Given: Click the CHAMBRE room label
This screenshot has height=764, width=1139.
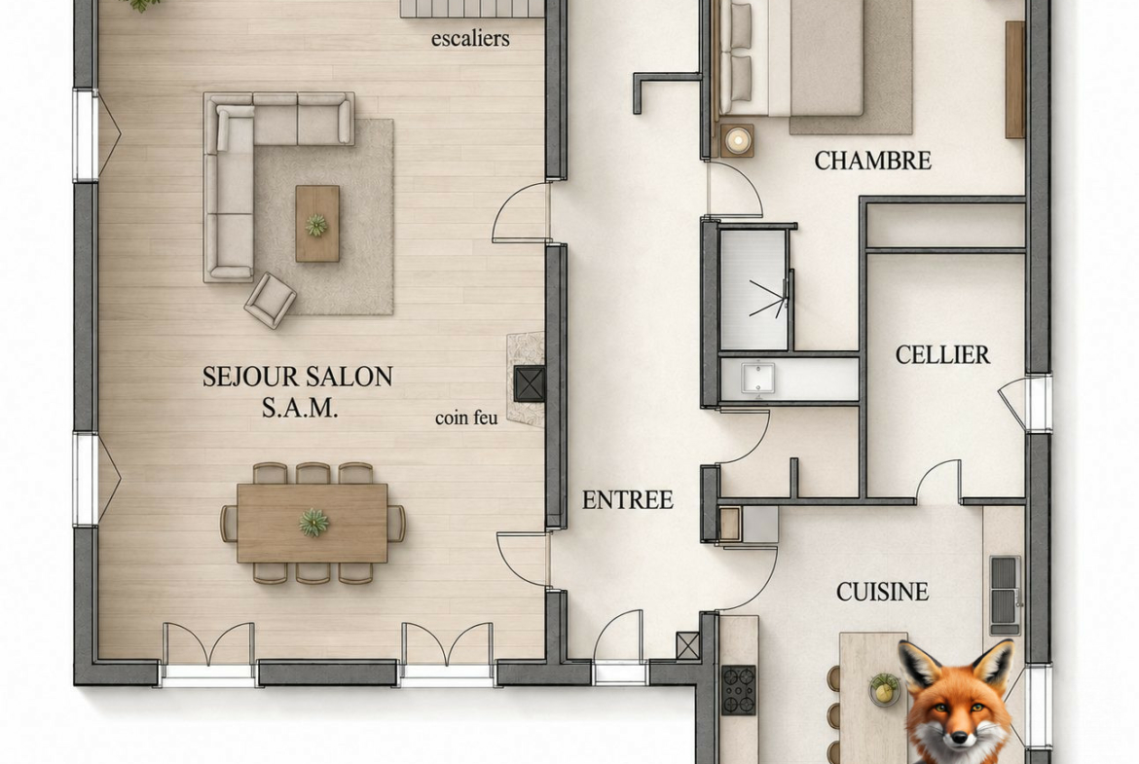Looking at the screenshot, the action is pos(872,161).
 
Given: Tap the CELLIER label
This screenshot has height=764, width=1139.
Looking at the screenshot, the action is pos(942,354).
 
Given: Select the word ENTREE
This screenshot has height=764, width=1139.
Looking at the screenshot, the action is pos(628,499).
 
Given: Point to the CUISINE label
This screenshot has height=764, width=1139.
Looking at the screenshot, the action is pos(883,592).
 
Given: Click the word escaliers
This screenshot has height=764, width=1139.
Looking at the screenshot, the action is pos(470,38).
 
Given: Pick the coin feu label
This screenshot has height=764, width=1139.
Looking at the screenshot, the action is pos(466,418).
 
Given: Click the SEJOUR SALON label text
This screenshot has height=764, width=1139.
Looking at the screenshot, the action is pos(298,377).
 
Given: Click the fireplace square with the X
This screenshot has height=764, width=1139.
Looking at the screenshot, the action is pos(530,384).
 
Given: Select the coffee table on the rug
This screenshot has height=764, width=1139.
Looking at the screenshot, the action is pos(317,224).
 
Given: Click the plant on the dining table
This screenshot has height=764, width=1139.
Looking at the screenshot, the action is pos(313,523).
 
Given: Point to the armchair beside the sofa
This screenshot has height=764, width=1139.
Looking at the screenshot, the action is pos(271,300).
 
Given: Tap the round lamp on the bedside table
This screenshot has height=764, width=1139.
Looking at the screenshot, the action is pos(738,139).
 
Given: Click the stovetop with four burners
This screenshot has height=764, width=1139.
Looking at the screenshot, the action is pos(739,689).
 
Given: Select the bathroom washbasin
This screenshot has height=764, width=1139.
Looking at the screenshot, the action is pos(757,379).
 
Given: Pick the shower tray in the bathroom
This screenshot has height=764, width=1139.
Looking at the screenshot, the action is pos(753,290).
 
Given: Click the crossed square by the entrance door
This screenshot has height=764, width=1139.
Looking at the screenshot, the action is pos(687,645).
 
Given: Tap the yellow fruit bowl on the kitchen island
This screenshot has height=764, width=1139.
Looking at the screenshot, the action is pos(884,688).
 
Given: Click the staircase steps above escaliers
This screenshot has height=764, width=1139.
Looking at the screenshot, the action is pos(472,8).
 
